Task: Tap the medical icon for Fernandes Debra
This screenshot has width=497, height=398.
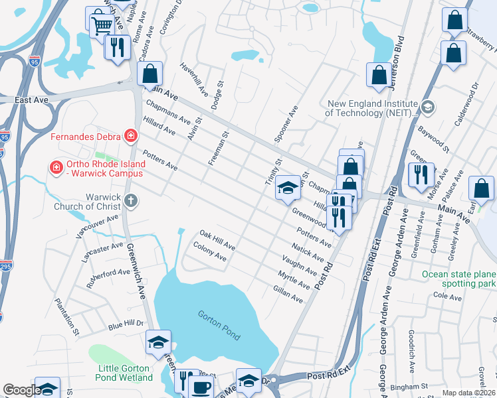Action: point(132,137)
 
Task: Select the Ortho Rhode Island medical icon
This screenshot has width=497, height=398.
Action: point(56,166)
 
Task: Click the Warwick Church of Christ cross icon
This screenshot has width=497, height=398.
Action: point(132,200)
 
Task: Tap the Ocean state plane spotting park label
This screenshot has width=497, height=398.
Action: point(459,279)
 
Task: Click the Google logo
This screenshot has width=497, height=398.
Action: point(22,390)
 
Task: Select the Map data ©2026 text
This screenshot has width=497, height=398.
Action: point(468,393)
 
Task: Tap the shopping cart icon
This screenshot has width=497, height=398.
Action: point(101,25)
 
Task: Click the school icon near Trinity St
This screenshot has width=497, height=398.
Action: point(287,188)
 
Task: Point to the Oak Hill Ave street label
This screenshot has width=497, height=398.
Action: point(217,240)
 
